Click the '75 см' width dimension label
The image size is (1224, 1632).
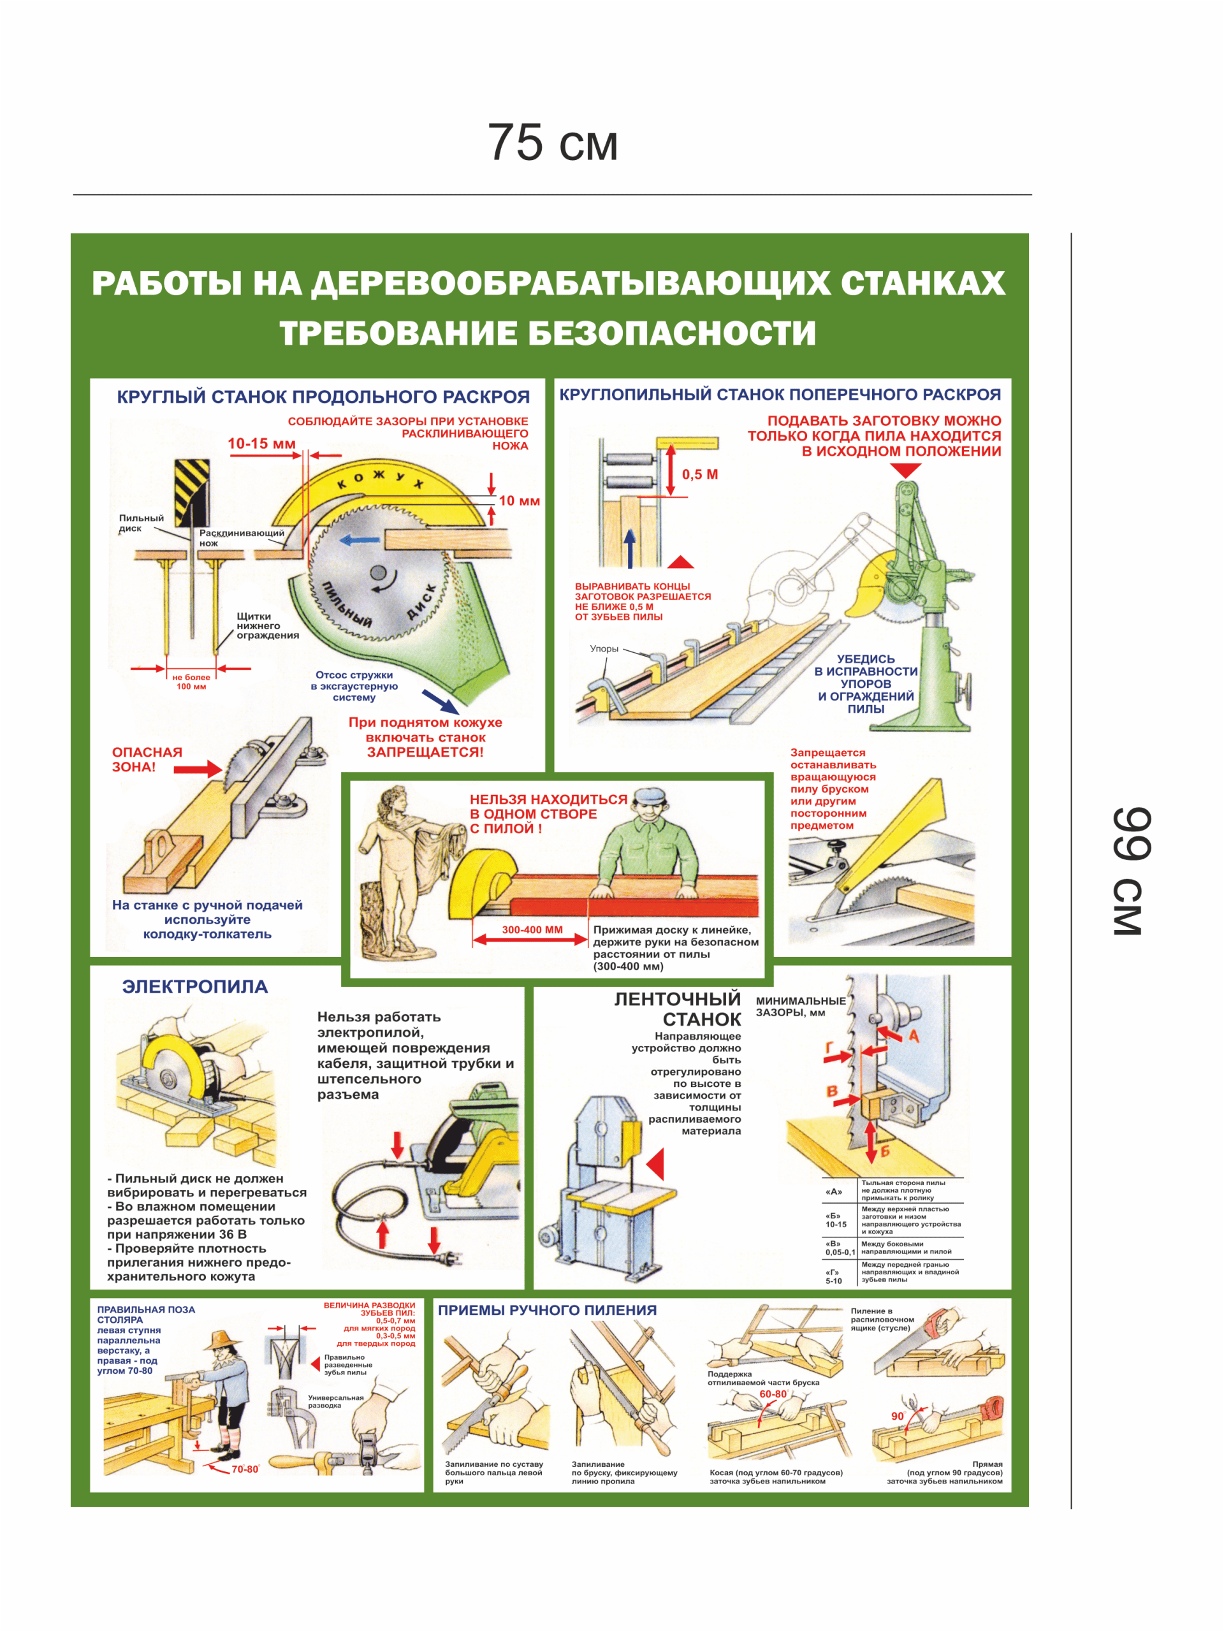(x=552, y=142)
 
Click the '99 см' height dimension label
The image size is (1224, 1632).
(x=1131, y=871)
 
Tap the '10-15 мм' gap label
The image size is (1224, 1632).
(x=261, y=444)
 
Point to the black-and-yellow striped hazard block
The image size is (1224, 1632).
(x=191, y=492)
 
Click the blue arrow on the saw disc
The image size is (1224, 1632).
(x=360, y=541)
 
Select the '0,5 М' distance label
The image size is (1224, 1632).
(x=699, y=474)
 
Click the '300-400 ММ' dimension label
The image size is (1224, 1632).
(x=532, y=929)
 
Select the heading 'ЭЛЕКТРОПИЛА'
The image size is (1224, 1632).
(x=195, y=986)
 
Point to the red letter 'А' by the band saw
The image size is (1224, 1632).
(x=914, y=1036)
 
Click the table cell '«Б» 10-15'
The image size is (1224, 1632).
(x=835, y=1220)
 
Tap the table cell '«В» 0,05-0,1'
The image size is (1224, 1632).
(x=839, y=1248)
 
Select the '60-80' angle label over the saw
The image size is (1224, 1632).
(x=773, y=1394)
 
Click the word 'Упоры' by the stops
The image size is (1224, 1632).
(x=604, y=648)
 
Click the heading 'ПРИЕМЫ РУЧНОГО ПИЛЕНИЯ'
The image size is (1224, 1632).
(x=547, y=1309)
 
